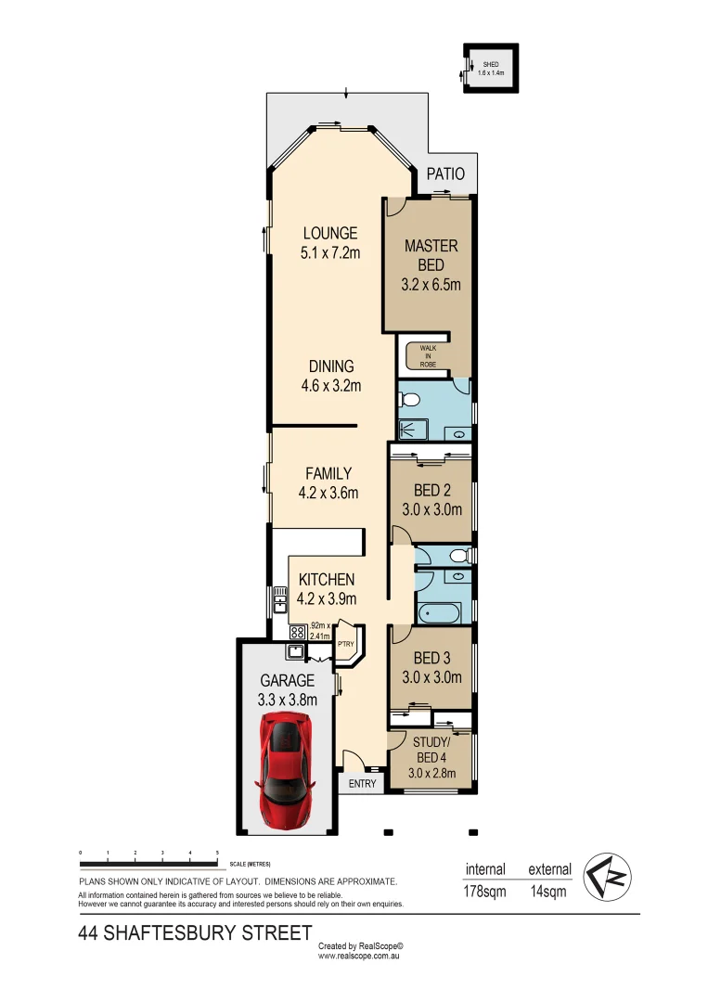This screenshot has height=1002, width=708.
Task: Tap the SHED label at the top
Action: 491,64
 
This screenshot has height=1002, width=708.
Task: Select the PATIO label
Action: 445,173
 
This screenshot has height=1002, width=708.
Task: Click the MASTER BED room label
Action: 431,255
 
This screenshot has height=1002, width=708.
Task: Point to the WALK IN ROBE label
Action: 427,355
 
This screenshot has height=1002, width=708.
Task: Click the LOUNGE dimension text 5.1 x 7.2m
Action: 329,252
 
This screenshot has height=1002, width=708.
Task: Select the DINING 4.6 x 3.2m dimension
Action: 330,386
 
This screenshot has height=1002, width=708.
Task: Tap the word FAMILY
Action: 328,473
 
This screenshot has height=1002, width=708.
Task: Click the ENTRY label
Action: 363,784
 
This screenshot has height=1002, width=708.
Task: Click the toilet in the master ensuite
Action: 408,400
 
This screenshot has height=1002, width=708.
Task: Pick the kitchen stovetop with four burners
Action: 298,632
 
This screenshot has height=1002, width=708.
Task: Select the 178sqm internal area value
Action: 484,893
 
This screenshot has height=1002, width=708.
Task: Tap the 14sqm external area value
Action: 548,893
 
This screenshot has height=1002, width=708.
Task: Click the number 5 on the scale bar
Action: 217,852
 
